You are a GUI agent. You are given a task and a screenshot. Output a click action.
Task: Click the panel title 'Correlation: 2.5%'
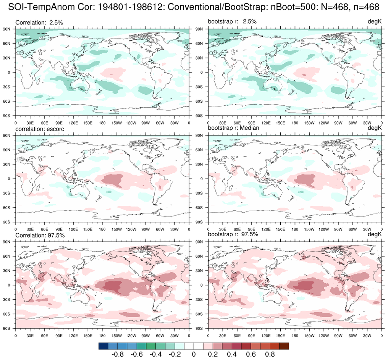39,23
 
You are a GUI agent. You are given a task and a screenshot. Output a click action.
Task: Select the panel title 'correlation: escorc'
40,129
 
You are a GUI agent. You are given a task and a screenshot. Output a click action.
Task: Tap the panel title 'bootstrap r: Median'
233,128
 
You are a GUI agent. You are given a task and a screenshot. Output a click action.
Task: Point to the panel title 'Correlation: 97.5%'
40,235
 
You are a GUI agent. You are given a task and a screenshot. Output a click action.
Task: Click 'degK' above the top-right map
375,23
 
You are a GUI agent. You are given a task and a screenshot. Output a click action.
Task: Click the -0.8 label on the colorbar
117,354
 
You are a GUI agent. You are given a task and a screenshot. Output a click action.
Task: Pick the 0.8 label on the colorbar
270,354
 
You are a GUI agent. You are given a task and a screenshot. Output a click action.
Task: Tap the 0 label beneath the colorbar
194,354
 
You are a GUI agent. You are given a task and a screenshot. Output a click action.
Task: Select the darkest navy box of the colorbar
103,346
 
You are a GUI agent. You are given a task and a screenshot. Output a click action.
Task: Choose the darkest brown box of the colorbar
284,346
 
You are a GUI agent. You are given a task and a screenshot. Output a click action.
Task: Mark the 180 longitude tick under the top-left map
102,123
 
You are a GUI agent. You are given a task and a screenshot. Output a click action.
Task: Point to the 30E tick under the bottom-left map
30,336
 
